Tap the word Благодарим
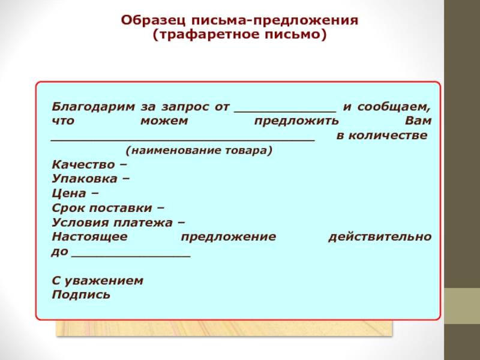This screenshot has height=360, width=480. [x=93, y=107]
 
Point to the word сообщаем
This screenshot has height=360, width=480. [x=394, y=107]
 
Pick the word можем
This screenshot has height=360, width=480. [x=164, y=121]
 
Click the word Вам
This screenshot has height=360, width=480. [x=418, y=121]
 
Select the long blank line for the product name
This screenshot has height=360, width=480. [x=183, y=140]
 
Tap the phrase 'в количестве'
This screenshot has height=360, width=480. [x=382, y=136]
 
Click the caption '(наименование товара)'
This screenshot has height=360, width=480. [x=199, y=151]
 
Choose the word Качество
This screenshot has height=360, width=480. [x=83, y=164]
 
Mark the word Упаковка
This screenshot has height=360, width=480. [x=85, y=179]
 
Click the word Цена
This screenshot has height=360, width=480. [x=69, y=193]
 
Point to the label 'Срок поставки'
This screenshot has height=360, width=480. [x=102, y=208]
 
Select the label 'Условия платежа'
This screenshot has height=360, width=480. [x=112, y=223]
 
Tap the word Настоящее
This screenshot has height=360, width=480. [x=89, y=237]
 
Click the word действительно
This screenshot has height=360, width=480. [x=380, y=237]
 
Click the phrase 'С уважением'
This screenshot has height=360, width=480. [x=97, y=281]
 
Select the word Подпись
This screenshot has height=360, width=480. [x=81, y=295]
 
